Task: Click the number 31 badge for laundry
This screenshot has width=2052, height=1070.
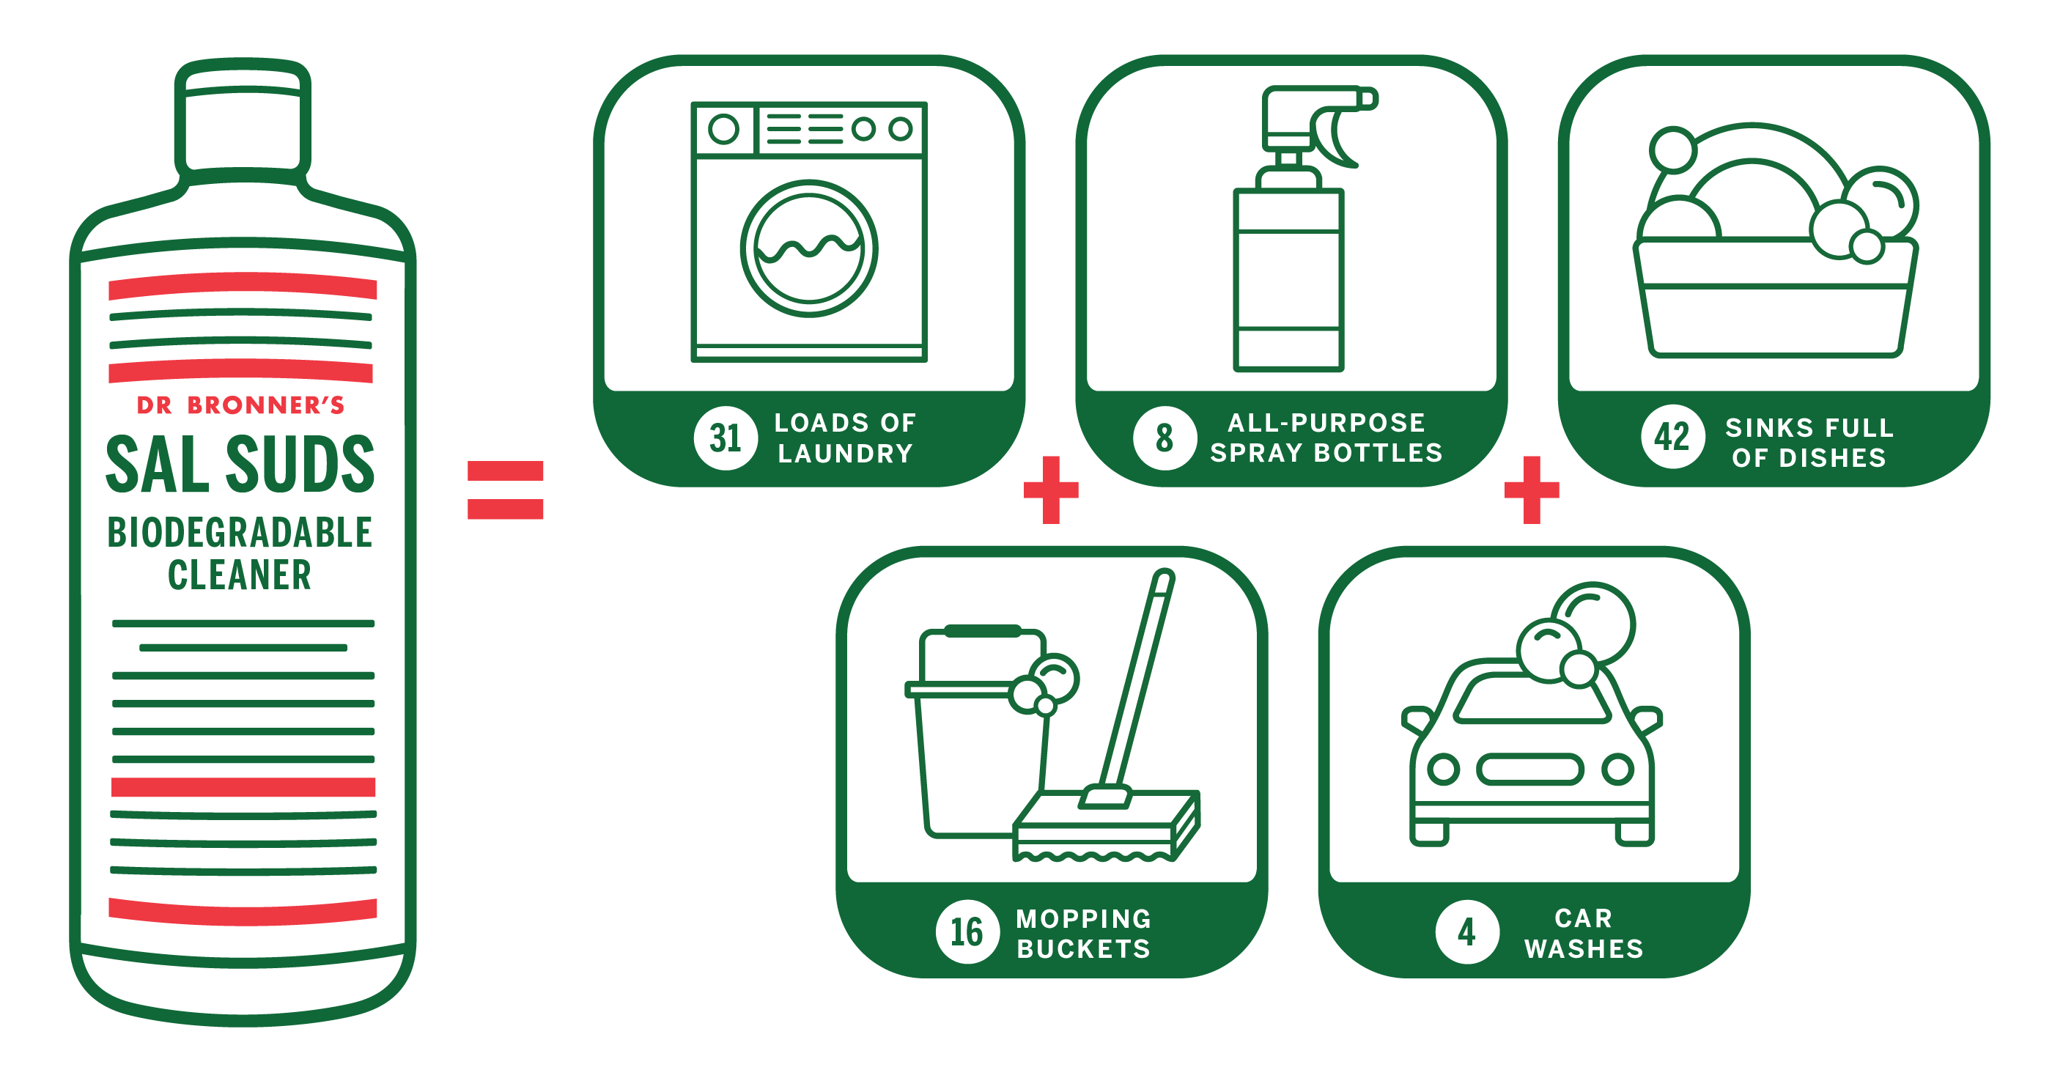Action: (x=725, y=438)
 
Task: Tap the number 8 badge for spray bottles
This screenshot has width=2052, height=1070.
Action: (x=1164, y=438)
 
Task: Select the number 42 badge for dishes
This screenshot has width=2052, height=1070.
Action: (x=1672, y=437)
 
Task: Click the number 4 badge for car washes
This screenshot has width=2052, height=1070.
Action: (x=1466, y=931)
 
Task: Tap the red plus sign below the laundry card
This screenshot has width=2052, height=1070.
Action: (x=1051, y=490)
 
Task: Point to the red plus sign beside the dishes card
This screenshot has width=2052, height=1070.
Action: (x=1531, y=490)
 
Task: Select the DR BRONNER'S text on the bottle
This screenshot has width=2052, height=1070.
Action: (x=240, y=405)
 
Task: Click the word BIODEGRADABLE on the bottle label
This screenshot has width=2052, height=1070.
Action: (x=240, y=532)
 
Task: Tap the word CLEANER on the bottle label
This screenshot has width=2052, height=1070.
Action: (x=239, y=575)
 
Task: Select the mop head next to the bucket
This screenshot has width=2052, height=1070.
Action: (x=1107, y=824)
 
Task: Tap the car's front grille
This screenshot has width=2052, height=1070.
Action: (x=1529, y=769)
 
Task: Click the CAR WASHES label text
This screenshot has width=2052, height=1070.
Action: (x=1584, y=933)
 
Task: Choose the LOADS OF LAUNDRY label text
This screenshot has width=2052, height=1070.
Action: (x=845, y=438)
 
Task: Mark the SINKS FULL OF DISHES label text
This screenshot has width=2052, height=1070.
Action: (x=1809, y=442)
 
